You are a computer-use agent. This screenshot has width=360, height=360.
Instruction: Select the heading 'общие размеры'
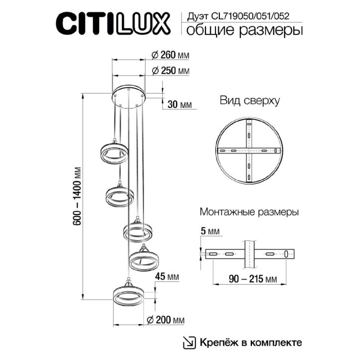coord(244,30)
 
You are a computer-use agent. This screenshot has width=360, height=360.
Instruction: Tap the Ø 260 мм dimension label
coord(170,54)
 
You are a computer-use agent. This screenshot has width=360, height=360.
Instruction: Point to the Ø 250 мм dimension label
coord(170,71)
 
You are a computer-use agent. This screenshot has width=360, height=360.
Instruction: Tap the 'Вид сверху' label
coord(249,101)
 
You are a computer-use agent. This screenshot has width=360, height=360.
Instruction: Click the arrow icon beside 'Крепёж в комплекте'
coord(189,342)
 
